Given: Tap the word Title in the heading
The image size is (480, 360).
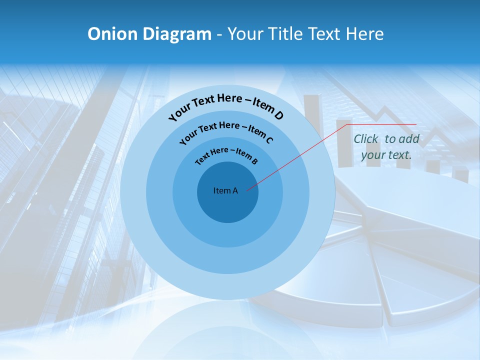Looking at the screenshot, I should tap(286, 34).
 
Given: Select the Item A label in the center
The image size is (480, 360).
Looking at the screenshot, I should tap(225, 190).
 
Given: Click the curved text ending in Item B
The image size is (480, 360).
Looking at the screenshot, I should tap(226, 155).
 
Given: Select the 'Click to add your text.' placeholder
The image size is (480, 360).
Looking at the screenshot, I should tap(386, 147).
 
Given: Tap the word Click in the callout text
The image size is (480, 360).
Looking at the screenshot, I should tap(366, 139).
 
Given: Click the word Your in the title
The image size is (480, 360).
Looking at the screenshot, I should tap(247, 34).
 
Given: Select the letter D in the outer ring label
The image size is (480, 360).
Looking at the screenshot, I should tap(278, 116).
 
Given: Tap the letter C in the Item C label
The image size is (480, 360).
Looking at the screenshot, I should tap(268, 139).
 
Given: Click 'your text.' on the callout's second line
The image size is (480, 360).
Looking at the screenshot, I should tap(386, 155).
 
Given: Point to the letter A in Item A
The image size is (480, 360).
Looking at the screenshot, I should tap(235, 190).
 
